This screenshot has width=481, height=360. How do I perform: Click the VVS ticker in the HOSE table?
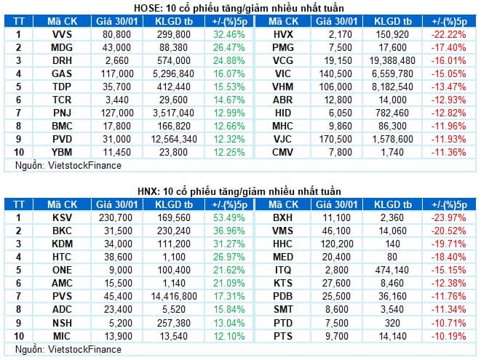coord(62,34)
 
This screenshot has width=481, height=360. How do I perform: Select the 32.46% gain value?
coord(229,34)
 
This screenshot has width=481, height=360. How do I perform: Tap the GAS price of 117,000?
coord(117,73)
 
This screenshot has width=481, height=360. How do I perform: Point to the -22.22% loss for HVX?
coord(449,34)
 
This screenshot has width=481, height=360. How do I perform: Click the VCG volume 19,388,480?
coord(392,60)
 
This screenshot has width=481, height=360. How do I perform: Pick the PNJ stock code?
coord(62,113)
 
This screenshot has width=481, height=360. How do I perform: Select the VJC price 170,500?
coord(335,139)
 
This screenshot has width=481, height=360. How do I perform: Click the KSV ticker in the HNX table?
coord(62,217)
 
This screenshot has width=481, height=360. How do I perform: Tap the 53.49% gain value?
coord(229,217)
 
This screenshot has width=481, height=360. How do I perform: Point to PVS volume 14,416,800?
coord(174,296)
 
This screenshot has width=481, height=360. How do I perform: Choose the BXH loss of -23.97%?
coord(449,217)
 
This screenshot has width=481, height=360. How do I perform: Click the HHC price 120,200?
coord(337,244)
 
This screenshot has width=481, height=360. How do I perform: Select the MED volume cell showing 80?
coord(392,257)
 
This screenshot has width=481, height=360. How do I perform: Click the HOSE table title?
coord(239,8)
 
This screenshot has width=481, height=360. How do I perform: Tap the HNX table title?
coord(239,191)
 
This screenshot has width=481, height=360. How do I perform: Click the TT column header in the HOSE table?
coord(19,21)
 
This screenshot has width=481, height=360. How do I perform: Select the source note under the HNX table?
coord(68,349)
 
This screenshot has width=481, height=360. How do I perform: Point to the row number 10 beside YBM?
coord(19,152)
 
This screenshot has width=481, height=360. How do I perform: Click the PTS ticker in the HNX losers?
coord(283,336)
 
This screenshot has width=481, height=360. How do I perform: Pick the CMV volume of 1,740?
coord(392,152)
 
